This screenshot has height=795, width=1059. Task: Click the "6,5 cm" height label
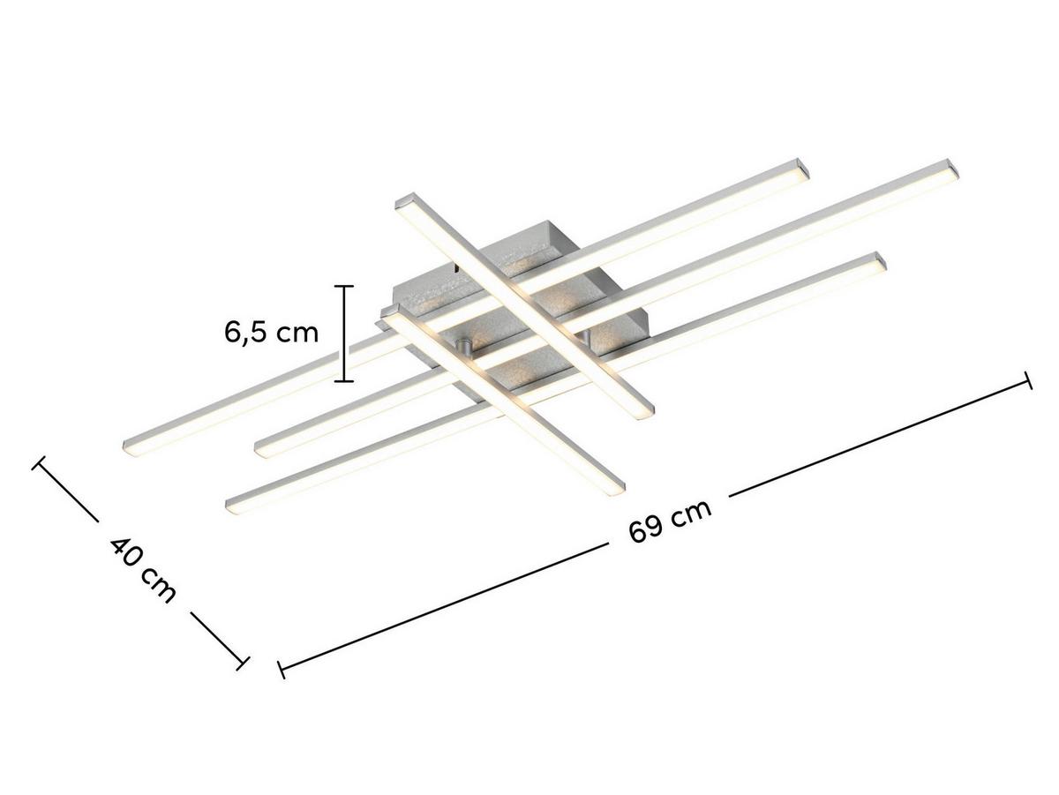pyautogui.click(x=270, y=333)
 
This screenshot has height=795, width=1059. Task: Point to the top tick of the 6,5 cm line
pyautogui.click(x=343, y=287)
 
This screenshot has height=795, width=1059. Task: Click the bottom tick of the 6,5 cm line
pyautogui.click(x=343, y=380)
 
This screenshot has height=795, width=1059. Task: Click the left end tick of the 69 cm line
pyautogui.click(x=282, y=670)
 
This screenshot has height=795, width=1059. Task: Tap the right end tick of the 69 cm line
pyautogui.click(x=1026, y=380)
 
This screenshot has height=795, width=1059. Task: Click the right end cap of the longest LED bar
pyautogui.click(x=950, y=170)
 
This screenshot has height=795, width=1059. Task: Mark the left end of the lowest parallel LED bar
pyautogui.click(x=235, y=506)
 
